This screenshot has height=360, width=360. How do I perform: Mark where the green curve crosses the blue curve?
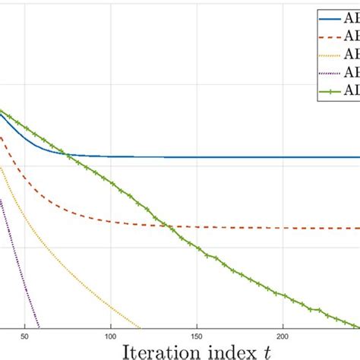pos(68,155)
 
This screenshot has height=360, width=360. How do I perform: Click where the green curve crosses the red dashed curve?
pos(169,225)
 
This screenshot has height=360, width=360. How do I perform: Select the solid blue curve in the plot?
pos(228,157)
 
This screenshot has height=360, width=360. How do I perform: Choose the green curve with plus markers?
pos(228,266)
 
